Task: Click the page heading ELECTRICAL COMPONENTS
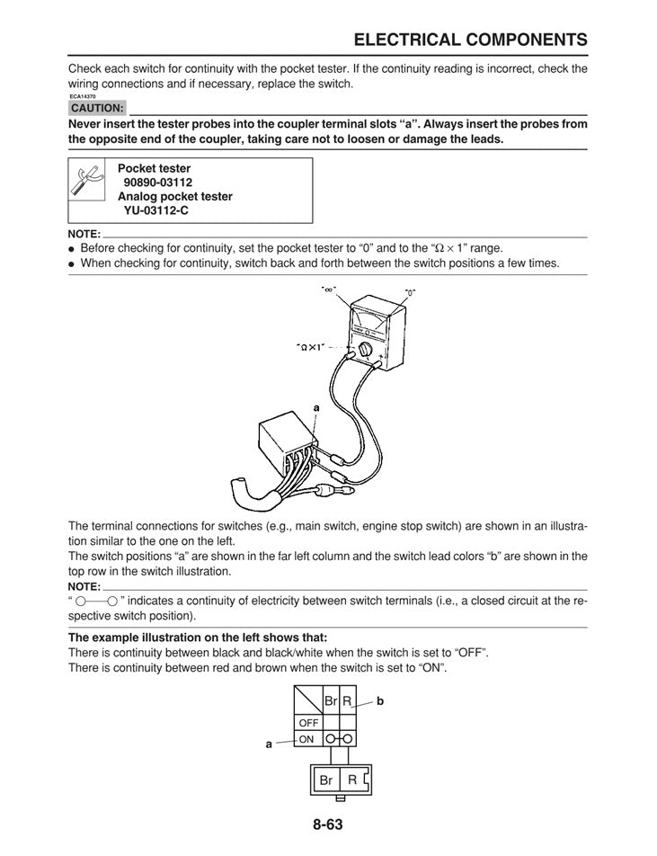[471, 40]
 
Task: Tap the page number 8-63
[328, 824]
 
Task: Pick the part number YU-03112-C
[156, 210]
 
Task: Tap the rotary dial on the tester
[366, 349]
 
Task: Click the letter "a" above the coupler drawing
[316, 407]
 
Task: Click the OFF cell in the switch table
[308, 722]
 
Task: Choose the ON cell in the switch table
[307, 739]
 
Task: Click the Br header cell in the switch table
[331, 700]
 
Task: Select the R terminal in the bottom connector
[353, 780]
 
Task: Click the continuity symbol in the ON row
[340, 739]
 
